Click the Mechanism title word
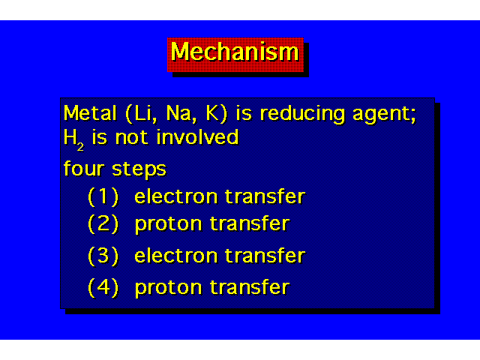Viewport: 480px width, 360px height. pos(235,52)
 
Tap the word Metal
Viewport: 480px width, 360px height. pos(90,113)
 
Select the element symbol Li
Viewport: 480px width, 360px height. pos(142,113)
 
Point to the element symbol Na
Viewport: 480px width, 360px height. pos(178,113)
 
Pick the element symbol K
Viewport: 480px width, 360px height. pos(213,113)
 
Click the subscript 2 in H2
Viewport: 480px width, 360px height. pos(80,147)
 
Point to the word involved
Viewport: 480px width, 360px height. pos(197,136)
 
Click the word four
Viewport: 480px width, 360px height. pos(84,168)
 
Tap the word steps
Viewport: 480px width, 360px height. pos(139,169)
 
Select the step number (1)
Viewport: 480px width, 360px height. pos(103,196)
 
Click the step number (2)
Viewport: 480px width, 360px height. pos(103,223)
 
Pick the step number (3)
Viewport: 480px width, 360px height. pos(103,256)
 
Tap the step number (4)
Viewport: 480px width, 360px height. pos(103,287)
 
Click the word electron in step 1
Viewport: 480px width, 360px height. pos(175,196)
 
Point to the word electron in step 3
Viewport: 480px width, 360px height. pos(175,256)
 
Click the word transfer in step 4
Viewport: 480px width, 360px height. pos(250,286)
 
